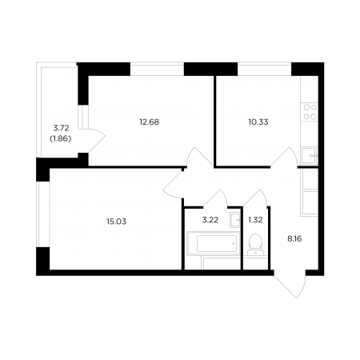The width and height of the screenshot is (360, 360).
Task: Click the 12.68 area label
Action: [150, 122]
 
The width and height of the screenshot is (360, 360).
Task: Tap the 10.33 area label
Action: [258, 122]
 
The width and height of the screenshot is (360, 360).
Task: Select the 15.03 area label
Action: [117, 222]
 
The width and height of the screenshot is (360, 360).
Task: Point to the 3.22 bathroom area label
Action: [210, 220]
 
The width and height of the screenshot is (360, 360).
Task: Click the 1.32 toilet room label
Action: [255, 220]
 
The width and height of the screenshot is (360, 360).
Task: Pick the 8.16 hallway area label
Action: [294, 238]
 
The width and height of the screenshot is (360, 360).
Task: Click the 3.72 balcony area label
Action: [61, 128]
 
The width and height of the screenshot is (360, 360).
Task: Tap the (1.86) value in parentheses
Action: [61, 139]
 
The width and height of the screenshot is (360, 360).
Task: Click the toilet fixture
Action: [256, 245]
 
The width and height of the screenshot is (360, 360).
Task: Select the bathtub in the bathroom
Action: [214, 243]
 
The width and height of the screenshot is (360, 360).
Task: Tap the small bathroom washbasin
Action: [235, 220]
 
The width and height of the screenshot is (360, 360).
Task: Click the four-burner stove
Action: [310, 112]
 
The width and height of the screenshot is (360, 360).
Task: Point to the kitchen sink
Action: [310, 155]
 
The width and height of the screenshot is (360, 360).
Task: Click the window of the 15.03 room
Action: [43, 214]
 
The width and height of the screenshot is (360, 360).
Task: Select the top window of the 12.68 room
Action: [157, 69]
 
